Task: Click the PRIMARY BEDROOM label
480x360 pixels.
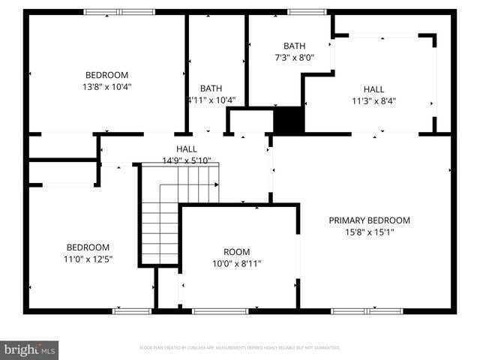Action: (370, 220)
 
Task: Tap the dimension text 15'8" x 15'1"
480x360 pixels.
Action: (370, 232)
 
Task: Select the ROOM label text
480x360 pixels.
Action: (237, 252)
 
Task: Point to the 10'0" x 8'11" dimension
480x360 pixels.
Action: (237, 263)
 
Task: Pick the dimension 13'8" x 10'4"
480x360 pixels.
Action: (106, 86)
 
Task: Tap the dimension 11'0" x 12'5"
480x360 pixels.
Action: (88, 259)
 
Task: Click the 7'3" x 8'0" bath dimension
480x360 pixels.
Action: (294, 57)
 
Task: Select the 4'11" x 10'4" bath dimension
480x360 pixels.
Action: (211, 100)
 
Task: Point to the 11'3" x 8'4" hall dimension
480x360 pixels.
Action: (373, 100)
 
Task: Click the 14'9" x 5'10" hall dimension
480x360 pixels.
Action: (187, 160)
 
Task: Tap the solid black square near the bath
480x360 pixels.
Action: (289, 121)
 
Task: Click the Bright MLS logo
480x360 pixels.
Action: (30, 349)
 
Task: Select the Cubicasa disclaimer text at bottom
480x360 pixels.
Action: (240, 348)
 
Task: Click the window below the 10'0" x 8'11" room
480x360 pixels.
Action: (220, 310)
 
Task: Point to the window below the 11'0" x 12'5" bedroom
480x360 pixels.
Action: (121, 310)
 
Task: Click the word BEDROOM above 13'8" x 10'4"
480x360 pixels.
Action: (106, 75)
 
